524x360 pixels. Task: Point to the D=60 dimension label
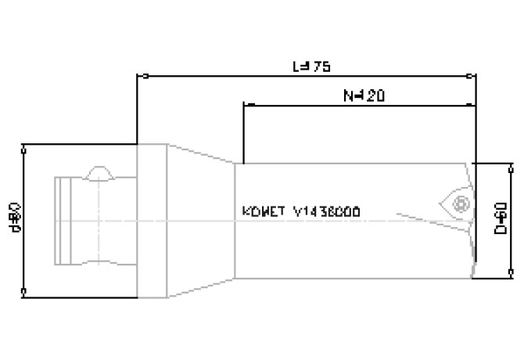(x=501, y=220)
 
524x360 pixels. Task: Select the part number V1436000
(x=327, y=212)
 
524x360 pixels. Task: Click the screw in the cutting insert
(x=461, y=203)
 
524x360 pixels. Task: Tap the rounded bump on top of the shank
(x=99, y=171)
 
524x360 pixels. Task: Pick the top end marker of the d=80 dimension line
(x=25, y=146)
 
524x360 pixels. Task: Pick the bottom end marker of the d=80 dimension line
(x=25, y=295)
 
